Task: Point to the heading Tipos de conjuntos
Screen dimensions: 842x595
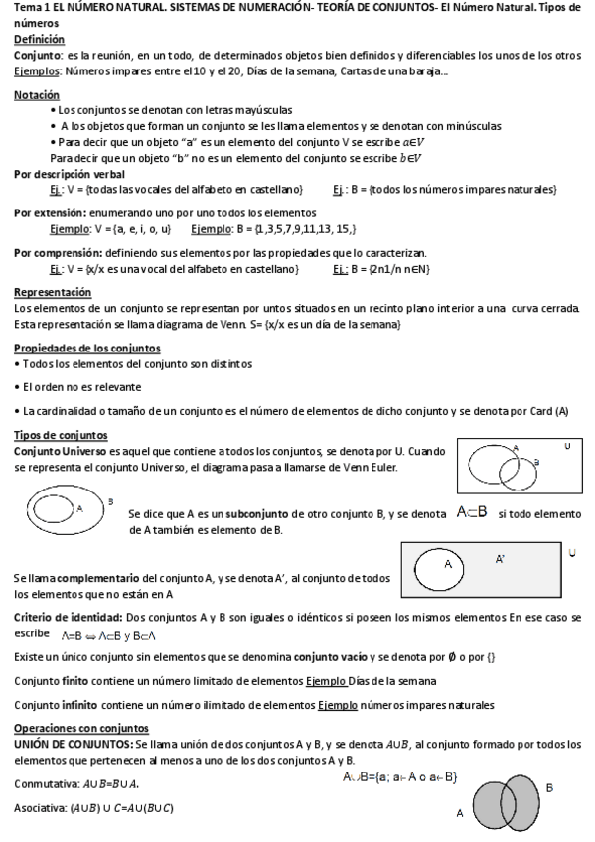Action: [x=61, y=435]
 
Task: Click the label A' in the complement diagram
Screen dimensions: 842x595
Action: [x=500, y=560]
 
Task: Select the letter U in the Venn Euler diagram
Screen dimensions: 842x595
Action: [x=567, y=446]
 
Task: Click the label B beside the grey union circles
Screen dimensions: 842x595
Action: [x=550, y=787]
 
